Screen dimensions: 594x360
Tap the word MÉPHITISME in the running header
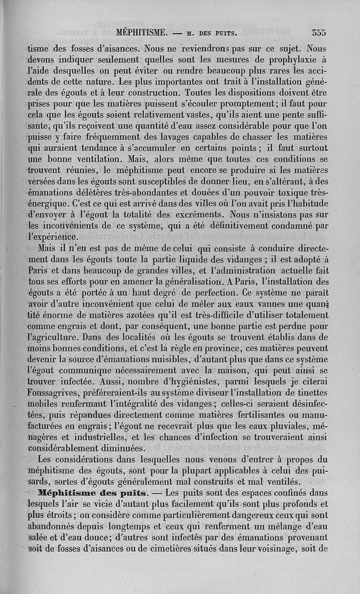(x=141, y=32)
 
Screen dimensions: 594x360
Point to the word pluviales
(x=279, y=424)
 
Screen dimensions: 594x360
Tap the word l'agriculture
(x=57, y=335)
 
